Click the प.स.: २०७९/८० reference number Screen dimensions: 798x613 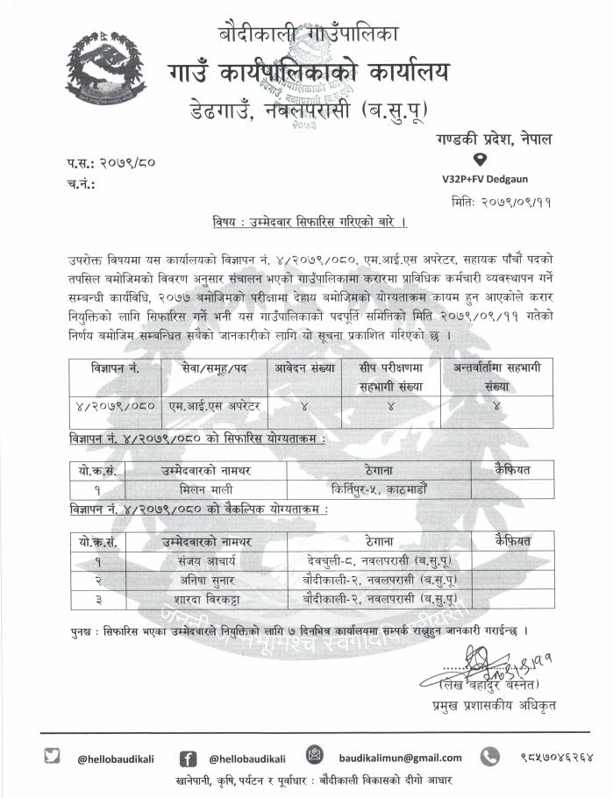(x=110, y=164)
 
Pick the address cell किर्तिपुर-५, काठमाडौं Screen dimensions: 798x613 (x=378, y=488)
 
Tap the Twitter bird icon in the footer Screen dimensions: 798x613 (x=53, y=755)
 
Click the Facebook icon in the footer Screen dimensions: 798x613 (x=188, y=757)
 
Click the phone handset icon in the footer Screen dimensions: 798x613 (x=489, y=755)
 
